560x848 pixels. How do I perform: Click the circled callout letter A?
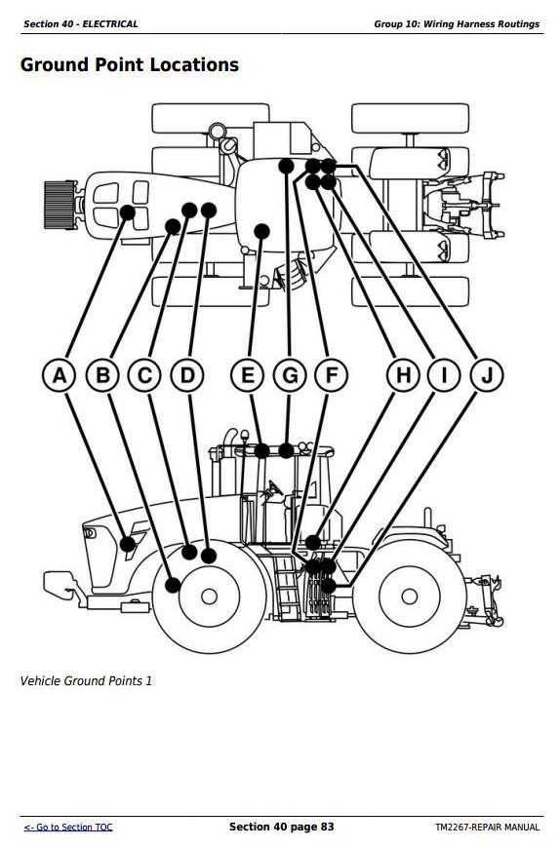[60, 375]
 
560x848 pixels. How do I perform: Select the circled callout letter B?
[102, 375]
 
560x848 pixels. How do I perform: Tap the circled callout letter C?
[144, 375]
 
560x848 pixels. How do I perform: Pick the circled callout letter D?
[187, 375]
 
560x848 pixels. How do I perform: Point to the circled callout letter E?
[247, 375]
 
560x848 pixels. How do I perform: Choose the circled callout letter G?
[290, 375]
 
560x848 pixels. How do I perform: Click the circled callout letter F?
[331, 375]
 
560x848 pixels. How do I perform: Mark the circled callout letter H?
[403, 375]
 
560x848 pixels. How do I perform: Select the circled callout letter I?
[444, 375]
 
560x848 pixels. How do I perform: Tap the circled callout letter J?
[487, 375]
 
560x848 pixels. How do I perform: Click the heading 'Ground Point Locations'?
[130, 65]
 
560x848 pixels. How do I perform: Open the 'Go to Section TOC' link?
[68, 827]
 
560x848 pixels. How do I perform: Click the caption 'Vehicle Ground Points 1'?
[86, 681]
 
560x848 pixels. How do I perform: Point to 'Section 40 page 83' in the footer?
[281, 827]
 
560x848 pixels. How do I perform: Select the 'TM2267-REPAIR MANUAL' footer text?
[487, 827]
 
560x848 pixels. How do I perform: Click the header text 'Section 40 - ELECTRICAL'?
[81, 23]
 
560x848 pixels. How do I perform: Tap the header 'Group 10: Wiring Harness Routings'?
[457, 23]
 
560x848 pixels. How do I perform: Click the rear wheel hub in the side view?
[410, 597]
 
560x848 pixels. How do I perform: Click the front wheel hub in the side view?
[209, 597]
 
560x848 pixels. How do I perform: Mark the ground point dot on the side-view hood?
[128, 544]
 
